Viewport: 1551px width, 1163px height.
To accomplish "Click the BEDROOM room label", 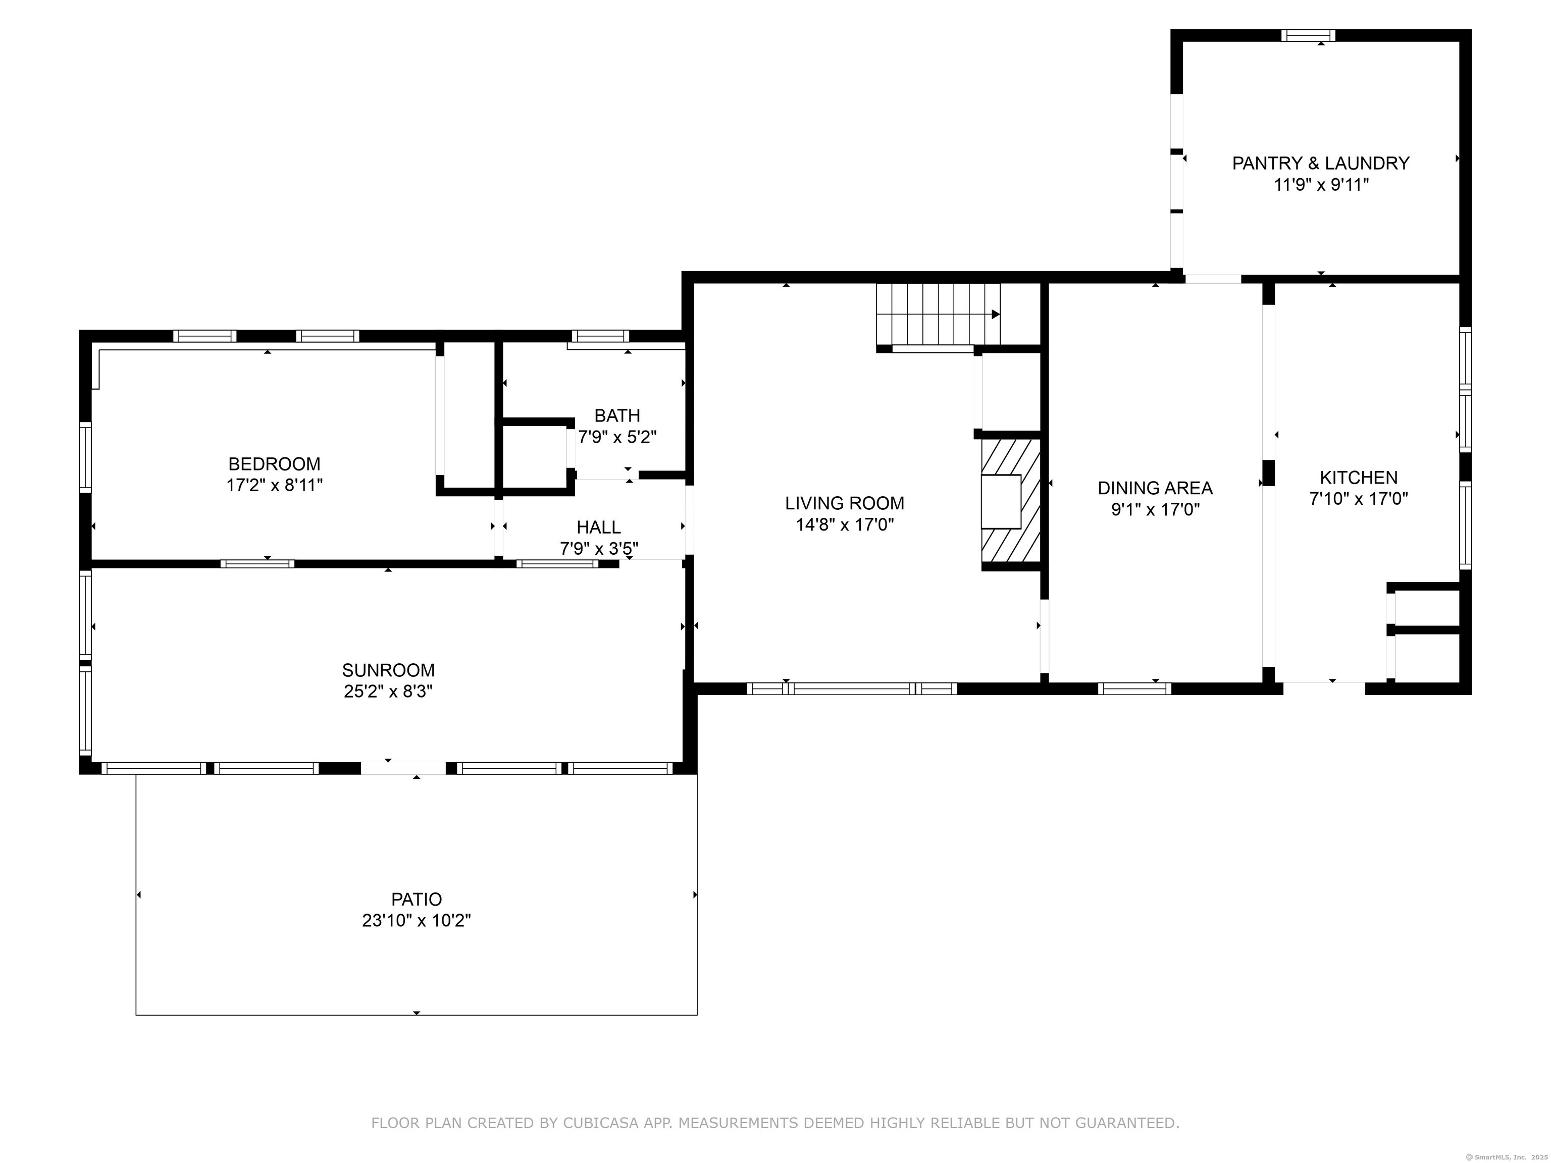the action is pos(274,463).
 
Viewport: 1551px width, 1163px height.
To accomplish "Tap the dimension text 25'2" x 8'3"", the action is pos(388,691).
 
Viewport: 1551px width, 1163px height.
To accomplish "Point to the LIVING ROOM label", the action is pos(844,503).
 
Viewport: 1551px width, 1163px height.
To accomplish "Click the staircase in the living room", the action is pos(938,314).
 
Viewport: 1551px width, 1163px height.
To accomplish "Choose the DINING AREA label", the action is pos(1155,488).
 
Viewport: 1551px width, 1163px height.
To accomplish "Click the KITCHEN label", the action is pos(1359,478).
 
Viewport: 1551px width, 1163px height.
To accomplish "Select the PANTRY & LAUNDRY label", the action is pos(1321,164).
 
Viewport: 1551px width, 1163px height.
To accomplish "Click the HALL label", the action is pos(599,527).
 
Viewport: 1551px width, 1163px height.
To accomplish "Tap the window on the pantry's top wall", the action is pos(1308,35).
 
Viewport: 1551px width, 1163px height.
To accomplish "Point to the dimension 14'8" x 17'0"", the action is pos(844,524).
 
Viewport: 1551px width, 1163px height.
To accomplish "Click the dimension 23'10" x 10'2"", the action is pos(417,920).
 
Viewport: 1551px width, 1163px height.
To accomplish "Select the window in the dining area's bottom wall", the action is pos(1134,689).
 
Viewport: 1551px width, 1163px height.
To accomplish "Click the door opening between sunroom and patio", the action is pos(403,768).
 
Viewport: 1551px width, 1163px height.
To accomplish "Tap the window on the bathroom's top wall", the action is pos(600,336).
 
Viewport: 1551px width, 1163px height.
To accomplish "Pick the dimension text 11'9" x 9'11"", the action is pos(1321,185).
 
